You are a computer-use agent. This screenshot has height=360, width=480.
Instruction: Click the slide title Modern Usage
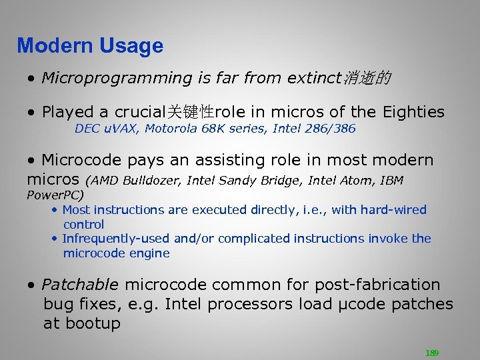(x=90, y=46)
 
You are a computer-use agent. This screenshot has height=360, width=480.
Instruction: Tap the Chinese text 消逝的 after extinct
(x=367, y=79)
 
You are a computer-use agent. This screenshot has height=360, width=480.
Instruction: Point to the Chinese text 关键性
(x=190, y=111)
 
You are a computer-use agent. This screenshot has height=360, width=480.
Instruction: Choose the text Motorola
(x=166, y=129)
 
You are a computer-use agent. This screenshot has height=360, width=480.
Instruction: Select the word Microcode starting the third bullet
(x=81, y=161)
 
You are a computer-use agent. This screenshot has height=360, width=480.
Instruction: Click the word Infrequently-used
(x=116, y=239)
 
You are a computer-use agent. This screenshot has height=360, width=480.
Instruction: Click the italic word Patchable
(x=80, y=285)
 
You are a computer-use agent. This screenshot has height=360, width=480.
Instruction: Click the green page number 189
(x=432, y=353)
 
